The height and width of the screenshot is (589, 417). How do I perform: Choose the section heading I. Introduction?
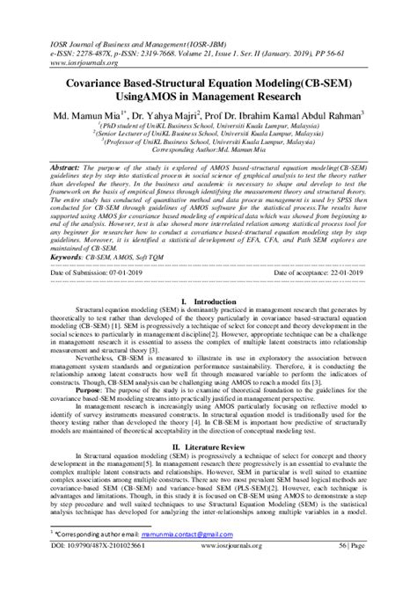pyautogui.click(x=208, y=301)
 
